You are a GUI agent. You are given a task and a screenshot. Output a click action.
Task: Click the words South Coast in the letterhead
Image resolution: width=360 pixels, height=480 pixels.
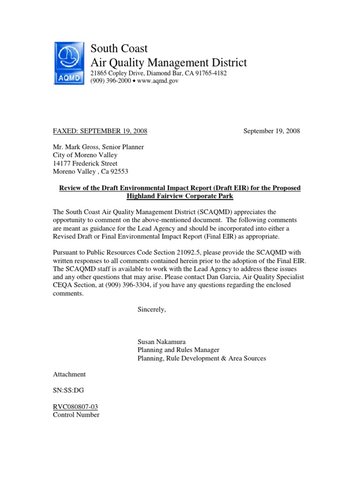(x=119, y=48)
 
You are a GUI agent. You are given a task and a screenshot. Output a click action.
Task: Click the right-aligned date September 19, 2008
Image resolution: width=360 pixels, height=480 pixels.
(x=271, y=131)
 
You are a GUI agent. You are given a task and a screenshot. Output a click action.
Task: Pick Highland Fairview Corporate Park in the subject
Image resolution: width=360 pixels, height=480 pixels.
(x=180, y=196)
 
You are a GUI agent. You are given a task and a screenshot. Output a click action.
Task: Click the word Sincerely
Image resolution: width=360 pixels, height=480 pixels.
(x=151, y=310)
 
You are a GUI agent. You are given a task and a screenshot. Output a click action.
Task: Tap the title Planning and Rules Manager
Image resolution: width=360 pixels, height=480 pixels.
(x=178, y=350)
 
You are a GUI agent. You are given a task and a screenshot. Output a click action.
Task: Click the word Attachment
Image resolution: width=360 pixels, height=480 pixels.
(x=69, y=375)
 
